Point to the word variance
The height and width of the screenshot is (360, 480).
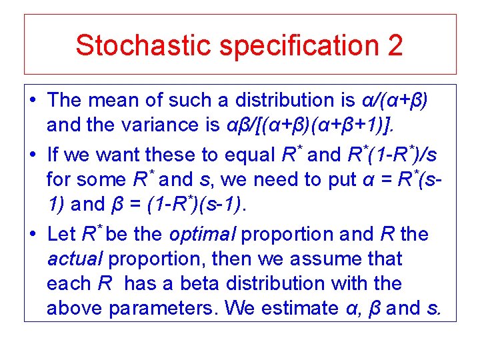click(x=167, y=125)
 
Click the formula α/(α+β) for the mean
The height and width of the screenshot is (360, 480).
click(x=395, y=101)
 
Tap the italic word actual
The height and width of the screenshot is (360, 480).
click(x=73, y=259)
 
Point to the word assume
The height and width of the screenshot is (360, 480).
click(x=329, y=259)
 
